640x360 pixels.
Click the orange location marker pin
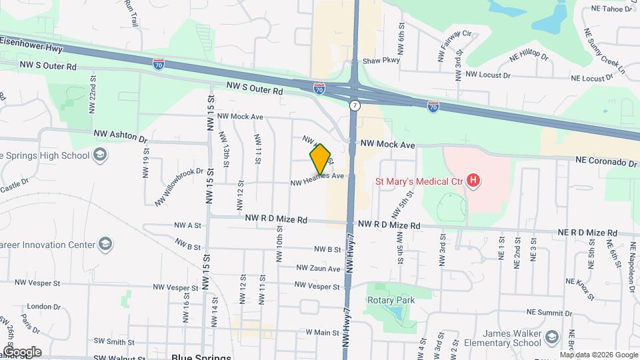pos(321,159)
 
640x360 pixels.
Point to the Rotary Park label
pos(391,300)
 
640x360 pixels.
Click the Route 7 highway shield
pos(355,106)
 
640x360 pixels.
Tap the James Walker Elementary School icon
pos(551,338)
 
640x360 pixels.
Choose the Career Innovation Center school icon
pos(105,244)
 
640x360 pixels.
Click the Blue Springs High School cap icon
pos(99,155)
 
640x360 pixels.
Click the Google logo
pos(22,351)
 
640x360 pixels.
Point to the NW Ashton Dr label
pos(120,136)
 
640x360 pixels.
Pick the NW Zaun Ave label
pos(319,268)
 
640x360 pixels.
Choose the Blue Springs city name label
pos(201,356)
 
